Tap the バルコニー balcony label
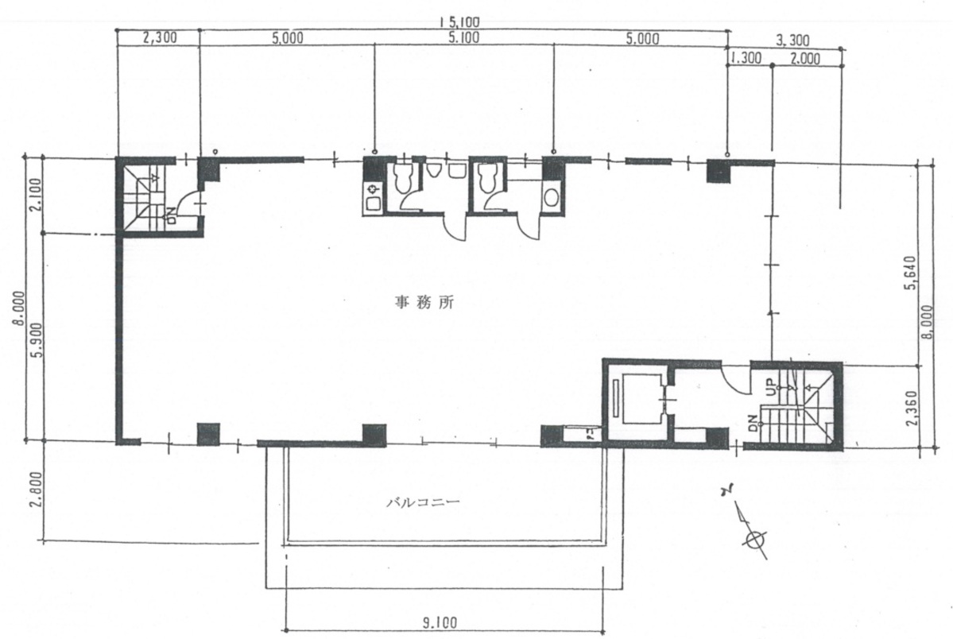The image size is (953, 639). click(423, 502)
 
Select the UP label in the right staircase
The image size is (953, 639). click(771, 388)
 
